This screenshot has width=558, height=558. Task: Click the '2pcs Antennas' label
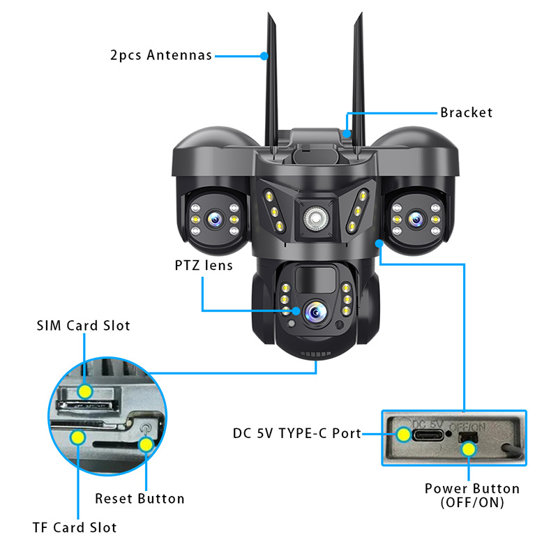point(161,55)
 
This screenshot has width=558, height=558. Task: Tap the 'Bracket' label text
point(466,112)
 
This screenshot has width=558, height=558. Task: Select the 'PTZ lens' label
point(204,266)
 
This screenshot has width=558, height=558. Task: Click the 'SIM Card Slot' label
point(84,326)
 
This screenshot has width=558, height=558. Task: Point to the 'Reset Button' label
point(140,499)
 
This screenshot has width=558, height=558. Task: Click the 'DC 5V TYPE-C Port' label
point(296,433)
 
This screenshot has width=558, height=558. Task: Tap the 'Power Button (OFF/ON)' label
point(472,495)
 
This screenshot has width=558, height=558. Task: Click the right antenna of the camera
point(357,70)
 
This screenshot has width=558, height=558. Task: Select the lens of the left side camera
point(213,220)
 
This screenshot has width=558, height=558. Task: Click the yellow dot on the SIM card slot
point(84,391)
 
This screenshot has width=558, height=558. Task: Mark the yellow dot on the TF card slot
point(77,438)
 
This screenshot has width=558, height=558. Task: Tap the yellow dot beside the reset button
point(145,444)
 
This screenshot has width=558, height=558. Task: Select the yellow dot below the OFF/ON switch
point(469,450)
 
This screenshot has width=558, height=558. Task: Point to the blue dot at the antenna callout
point(264,55)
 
